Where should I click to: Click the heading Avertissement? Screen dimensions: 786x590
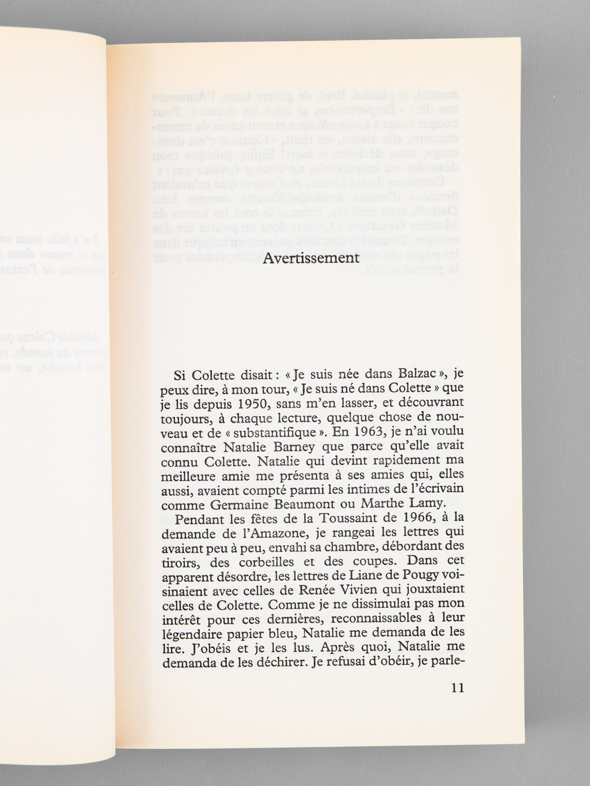[311, 259]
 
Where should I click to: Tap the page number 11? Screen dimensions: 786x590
[457, 688]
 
